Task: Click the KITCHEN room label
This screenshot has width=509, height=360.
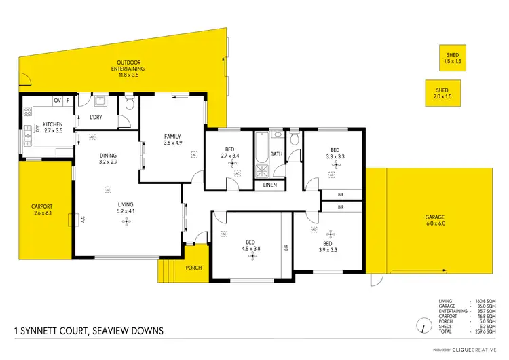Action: (53, 124)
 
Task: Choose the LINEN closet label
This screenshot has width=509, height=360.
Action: (270, 185)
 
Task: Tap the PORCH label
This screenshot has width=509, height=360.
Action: (193, 268)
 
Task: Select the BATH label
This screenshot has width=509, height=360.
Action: (276, 154)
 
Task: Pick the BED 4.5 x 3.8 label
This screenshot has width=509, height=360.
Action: (250, 246)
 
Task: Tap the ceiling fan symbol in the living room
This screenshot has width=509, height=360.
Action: (125, 223)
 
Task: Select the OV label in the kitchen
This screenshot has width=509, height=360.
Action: (57, 101)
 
